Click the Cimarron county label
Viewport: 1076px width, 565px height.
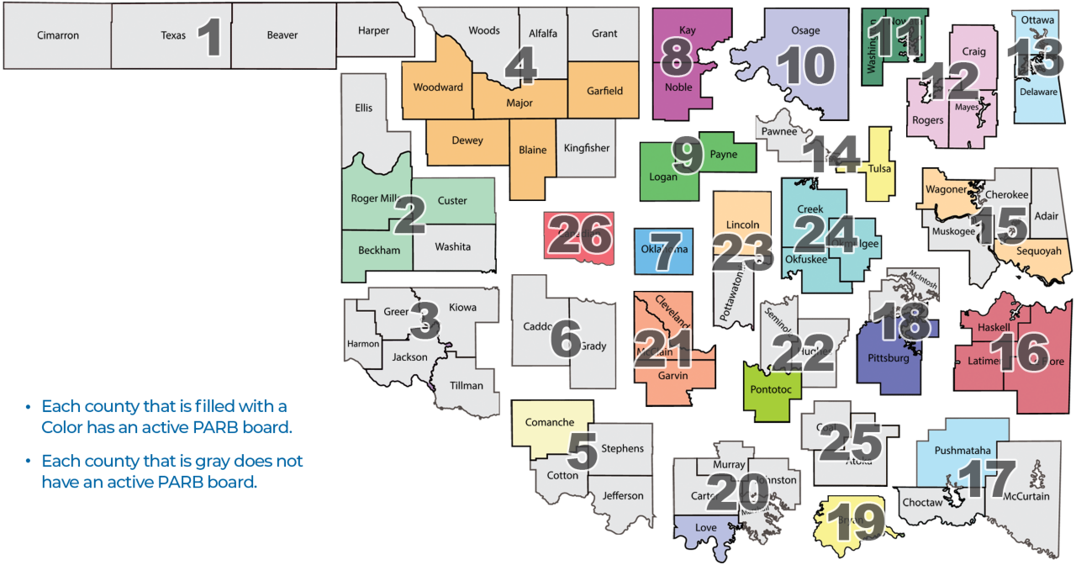click(x=58, y=35)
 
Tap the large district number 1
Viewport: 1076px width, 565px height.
click(x=210, y=38)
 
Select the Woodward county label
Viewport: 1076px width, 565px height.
click(x=438, y=87)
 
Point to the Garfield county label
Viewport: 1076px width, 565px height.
click(x=604, y=91)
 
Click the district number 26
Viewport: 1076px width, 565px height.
click(x=580, y=235)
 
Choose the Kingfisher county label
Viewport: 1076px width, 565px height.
click(x=587, y=148)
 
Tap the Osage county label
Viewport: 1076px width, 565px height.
click(x=805, y=31)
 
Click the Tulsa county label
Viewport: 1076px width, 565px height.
click(x=879, y=168)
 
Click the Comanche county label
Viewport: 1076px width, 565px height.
click(x=549, y=422)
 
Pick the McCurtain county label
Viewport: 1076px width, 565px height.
click(x=1026, y=496)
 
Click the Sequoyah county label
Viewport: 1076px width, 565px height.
click(x=1038, y=251)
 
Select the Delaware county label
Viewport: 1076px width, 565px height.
click(x=1038, y=92)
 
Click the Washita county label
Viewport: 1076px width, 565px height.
click(x=453, y=247)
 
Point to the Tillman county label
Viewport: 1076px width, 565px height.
click(x=467, y=386)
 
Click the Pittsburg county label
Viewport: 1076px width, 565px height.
click(x=888, y=358)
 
